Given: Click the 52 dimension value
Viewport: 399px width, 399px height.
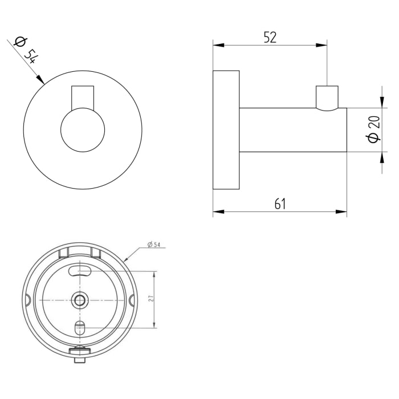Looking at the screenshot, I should pos(270,38).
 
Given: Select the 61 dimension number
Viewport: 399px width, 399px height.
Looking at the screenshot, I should pos(279,203).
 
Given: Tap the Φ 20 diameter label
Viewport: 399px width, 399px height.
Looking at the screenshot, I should pos(374,129).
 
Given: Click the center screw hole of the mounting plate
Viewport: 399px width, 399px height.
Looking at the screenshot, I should pos(80,299).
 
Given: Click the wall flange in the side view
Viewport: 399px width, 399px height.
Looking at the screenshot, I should pos(226,130).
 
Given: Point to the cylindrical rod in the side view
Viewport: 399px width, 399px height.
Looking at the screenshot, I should pos(293,130).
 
